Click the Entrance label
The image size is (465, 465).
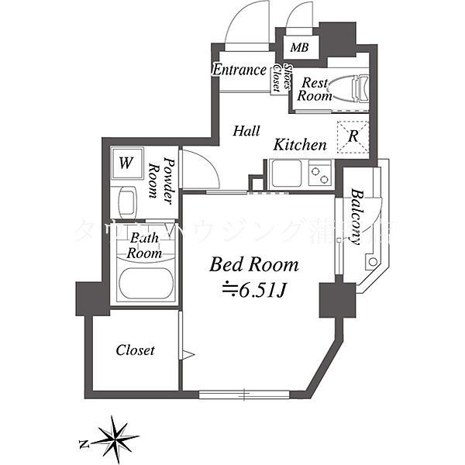pos(239,70)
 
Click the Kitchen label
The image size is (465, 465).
pos(299,145)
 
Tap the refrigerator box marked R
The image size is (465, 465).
pos(353,138)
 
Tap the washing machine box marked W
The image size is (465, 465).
pos(126,164)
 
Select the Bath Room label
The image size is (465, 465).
pos(144,246)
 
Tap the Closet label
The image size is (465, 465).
pos(135,350)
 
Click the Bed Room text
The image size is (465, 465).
pos(254,265)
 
